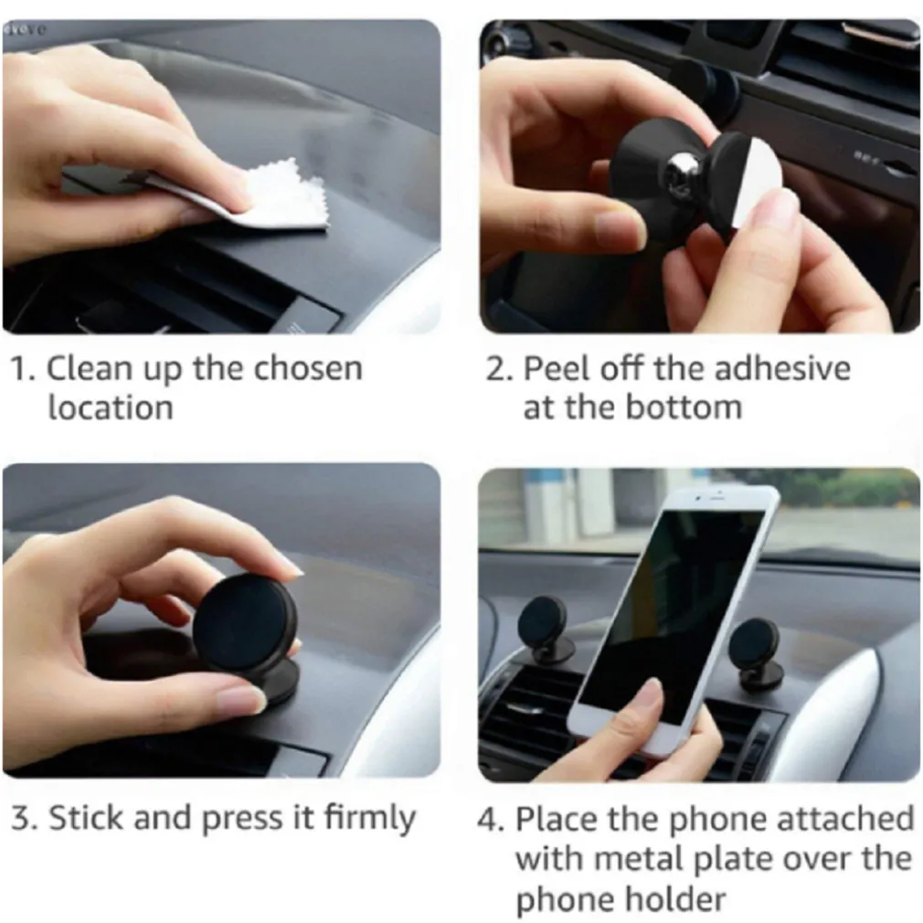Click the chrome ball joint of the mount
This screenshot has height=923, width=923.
coord(680,168)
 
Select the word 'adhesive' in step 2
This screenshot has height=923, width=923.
coord(781,369)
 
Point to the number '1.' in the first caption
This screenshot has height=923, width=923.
coord(23,369)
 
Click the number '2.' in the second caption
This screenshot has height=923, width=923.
coord(499,369)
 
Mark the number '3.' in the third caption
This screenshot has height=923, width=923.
coord(23,818)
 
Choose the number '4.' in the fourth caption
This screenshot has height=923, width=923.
coord(491,819)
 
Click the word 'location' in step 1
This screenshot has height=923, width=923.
coord(110,408)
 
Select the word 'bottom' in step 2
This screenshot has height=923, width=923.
coord(685,408)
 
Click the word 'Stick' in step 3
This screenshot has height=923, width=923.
coord(86,818)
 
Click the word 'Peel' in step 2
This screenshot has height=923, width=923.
coord(555,369)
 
